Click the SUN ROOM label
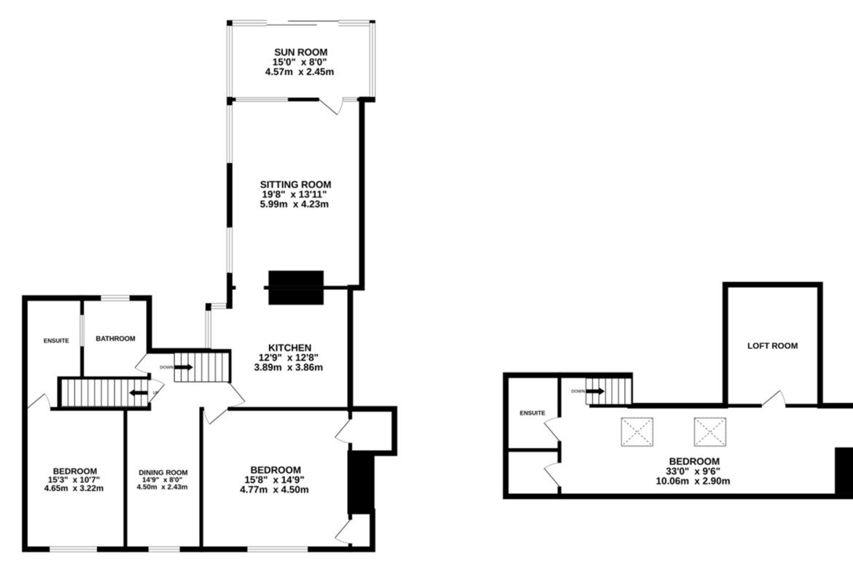(x=301, y=52)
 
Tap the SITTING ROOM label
(x=295, y=185)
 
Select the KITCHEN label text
(x=290, y=348)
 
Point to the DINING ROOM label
(x=163, y=472)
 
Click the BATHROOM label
(x=115, y=338)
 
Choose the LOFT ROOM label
(x=773, y=346)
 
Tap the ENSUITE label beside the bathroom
(x=57, y=341)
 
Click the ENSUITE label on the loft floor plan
(x=532, y=413)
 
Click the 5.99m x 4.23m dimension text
(x=295, y=205)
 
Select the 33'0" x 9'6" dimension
(x=693, y=471)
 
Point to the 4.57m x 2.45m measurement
(x=300, y=71)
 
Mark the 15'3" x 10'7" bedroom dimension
(x=74, y=479)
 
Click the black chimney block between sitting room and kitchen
(x=296, y=288)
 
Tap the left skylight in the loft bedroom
(x=637, y=431)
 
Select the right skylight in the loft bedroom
(x=710, y=431)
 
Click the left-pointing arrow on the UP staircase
(x=139, y=393)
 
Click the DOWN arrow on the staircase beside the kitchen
(x=183, y=367)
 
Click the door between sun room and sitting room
(x=331, y=106)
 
